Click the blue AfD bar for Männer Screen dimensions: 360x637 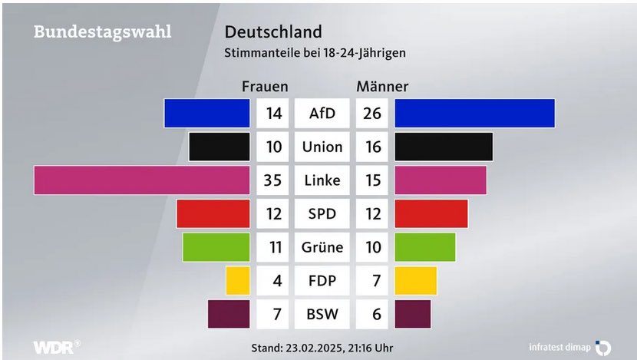(x=474, y=113)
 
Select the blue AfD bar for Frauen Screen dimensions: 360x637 (x=207, y=113)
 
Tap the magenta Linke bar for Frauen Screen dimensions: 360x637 (x=142, y=180)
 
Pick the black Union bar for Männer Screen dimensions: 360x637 (x=444, y=147)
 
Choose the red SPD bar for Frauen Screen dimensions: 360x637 (x=213, y=213)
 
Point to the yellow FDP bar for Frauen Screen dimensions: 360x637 (x=238, y=280)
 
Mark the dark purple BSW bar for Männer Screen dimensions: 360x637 (x=413, y=314)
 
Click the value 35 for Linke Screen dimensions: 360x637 (x=274, y=180)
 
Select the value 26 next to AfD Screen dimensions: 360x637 (x=372, y=114)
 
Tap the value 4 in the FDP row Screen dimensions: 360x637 (x=277, y=281)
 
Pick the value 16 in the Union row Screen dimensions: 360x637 (x=372, y=147)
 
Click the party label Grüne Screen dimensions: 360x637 (x=322, y=247)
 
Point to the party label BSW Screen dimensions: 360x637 (x=322, y=314)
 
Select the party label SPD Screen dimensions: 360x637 (x=322, y=213)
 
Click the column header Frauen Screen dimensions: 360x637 (x=265, y=86)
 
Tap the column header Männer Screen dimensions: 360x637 (x=382, y=86)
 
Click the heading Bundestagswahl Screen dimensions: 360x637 (x=102, y=32)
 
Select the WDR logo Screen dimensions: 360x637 (x=56, y=346)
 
